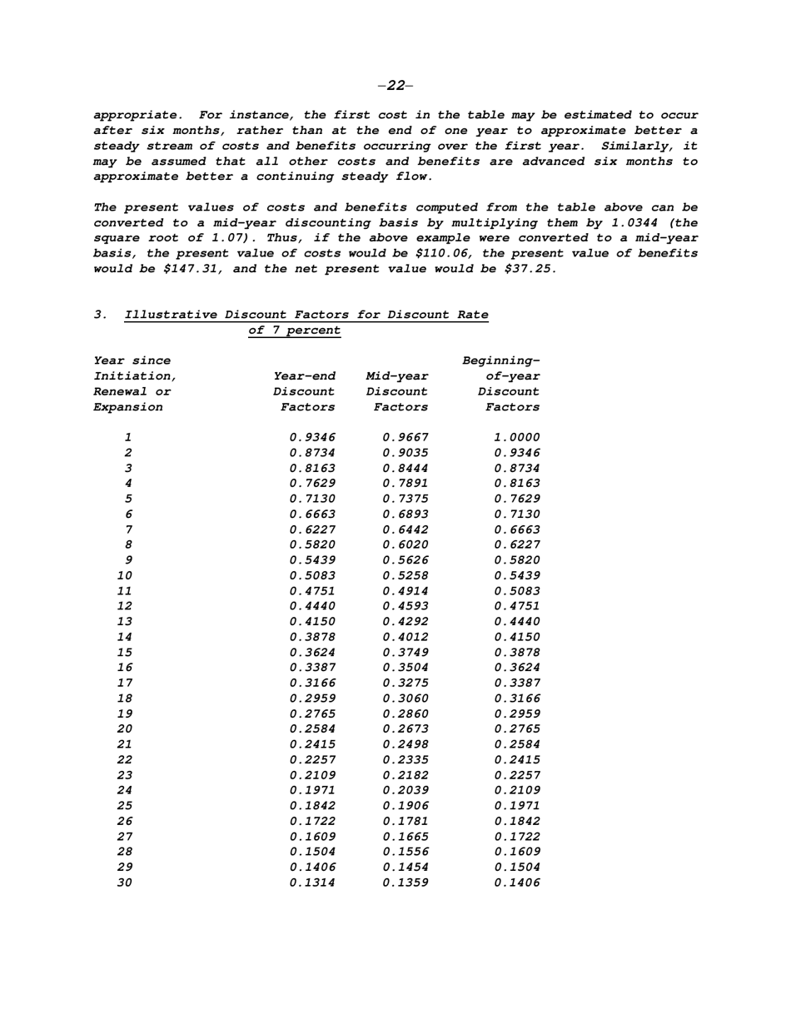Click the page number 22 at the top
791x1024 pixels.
point(395,85)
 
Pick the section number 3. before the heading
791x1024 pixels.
point(101,315)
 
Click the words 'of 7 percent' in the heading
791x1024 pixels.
point(295,331)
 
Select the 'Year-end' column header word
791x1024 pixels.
point(304,376)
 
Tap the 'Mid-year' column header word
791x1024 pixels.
point(397,376)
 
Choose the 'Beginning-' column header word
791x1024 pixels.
point(501,360)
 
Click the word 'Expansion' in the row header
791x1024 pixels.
point(128,407)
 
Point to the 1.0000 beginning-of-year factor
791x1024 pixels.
point(517,437)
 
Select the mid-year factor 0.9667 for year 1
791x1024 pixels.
point(405,437)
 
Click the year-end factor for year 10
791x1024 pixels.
point(312,575)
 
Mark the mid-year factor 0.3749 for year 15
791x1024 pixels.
point(405,652)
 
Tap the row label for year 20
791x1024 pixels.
point(124,728)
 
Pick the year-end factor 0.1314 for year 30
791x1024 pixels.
point(312,882)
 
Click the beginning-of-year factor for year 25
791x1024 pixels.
point(517,805)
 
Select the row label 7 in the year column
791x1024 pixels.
point(128,529)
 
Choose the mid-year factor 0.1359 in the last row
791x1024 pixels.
point(405,882)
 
